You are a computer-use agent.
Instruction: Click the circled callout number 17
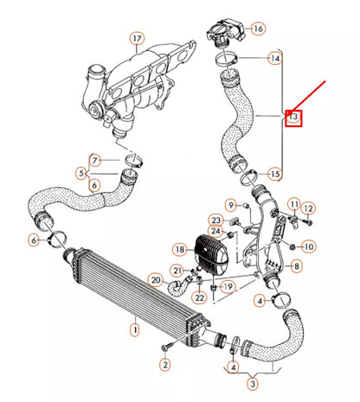136,38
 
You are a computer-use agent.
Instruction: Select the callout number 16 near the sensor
258,29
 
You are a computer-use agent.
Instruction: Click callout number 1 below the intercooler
134,329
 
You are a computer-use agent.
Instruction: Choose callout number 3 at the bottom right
251,383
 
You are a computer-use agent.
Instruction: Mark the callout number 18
178,249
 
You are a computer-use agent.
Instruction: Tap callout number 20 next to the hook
156,279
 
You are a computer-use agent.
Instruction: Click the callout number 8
297,267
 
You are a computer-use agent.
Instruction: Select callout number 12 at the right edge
309,207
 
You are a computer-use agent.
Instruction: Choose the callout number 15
274,174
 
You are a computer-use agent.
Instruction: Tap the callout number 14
274,59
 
